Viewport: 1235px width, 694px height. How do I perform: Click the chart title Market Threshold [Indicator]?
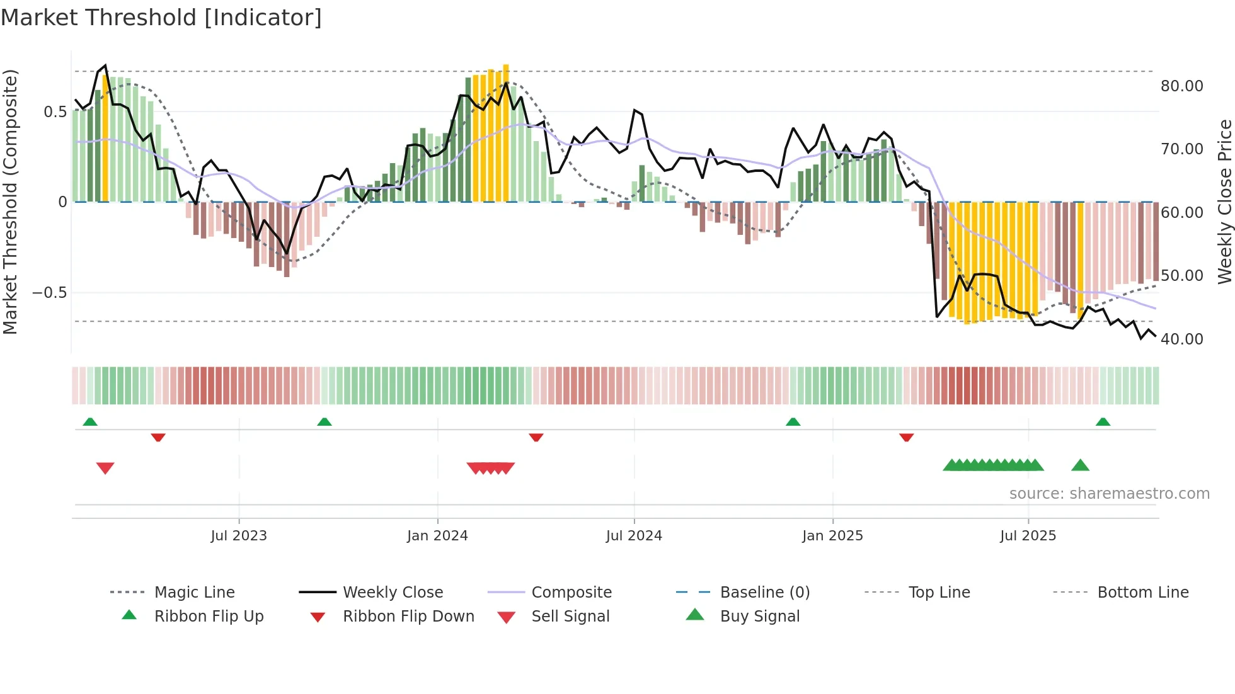pos(161,18)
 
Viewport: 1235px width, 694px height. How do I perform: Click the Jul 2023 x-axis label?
pos(239,535)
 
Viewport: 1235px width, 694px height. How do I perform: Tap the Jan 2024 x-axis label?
pos(437,535)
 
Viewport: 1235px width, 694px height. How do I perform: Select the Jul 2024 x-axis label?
pos(634,535)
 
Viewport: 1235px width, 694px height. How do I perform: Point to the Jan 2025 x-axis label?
pos(832,535)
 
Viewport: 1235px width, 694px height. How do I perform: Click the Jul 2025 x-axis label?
pos(1028,535)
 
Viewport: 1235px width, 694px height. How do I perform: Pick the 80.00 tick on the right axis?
pos(1182,86)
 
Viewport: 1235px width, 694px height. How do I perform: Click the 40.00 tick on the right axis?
pos(1182,339)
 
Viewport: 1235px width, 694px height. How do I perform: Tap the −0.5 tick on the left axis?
pos(49,292)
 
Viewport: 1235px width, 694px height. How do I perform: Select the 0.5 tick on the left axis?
pos(55,111)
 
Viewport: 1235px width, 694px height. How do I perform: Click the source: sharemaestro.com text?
pos(1109,493)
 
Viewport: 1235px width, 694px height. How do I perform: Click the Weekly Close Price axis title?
pos(1224,202)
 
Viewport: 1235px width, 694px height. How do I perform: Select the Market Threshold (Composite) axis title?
pos(10,202)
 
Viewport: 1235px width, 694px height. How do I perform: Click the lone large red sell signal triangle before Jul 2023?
pos(105,468)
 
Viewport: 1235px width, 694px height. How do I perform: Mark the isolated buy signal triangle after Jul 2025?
pos(1080,465)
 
